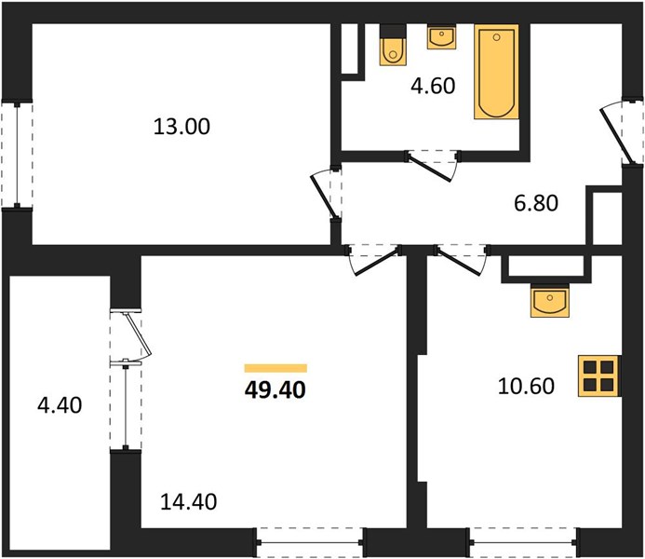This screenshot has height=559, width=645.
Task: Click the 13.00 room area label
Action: click(x=181, y=127)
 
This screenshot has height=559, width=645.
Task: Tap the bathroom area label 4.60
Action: click(x=433, y=86)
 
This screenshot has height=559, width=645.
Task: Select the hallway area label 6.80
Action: click(x=536, y=203)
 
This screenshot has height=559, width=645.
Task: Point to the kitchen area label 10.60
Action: click(x=526, y=386)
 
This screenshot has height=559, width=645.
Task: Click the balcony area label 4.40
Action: click(x=60, y=405)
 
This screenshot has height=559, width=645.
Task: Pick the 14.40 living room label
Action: click(x=188, y=502)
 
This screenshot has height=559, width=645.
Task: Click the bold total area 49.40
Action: click(x=275, y=389)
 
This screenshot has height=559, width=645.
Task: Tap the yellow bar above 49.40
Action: click(x=275, y=368)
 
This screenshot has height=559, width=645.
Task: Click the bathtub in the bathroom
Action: click(x=496, y=72)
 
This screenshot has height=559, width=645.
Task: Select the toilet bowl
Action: click(x=394, y=51)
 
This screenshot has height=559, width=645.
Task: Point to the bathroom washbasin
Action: click(x=442, y=37)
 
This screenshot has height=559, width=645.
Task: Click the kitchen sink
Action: click(x=549, y=302)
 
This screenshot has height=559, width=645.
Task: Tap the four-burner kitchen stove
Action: click(x=599, y=375)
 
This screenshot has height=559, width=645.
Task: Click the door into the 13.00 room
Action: click(x=326, y=195)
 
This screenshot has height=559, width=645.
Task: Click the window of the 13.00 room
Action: click(x=17, y=155)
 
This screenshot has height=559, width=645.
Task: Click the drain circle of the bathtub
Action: click(x=496, y=37)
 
